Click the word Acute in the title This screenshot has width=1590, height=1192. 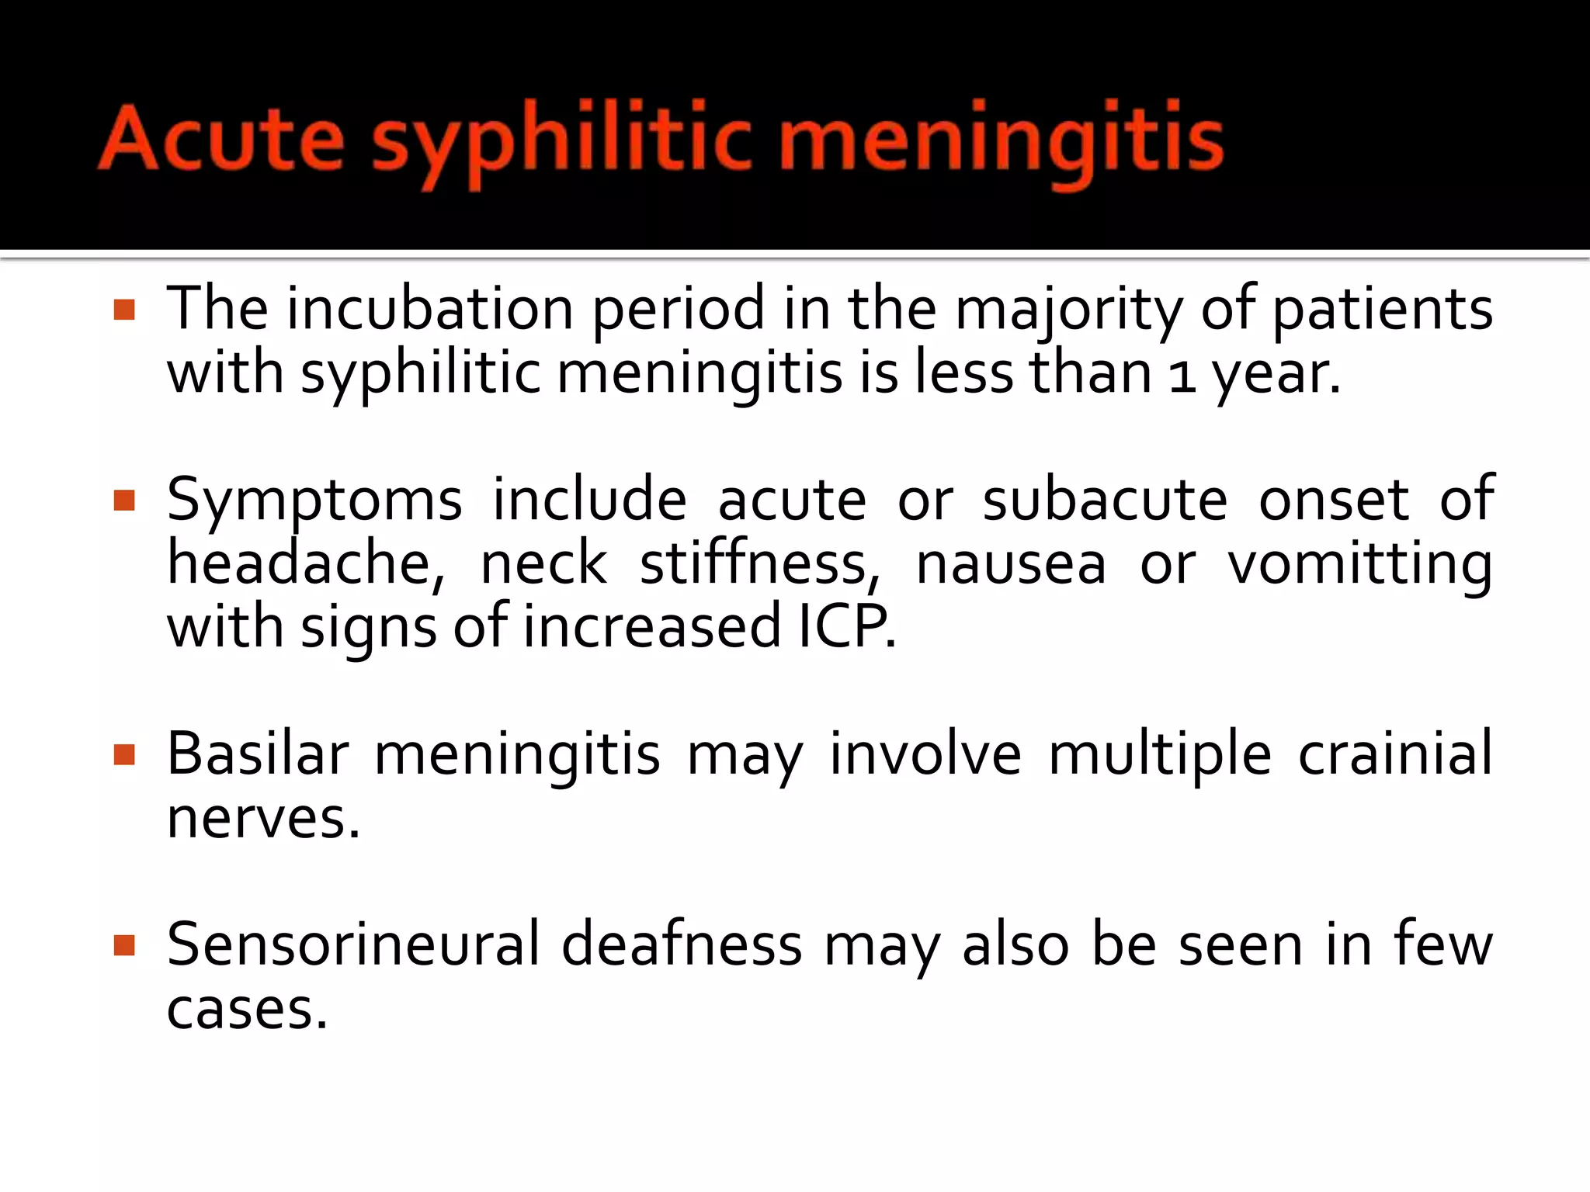tap(221, 140)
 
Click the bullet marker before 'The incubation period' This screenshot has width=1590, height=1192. tap(124, 310)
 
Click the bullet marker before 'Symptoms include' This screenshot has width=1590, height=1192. tap(124, 501)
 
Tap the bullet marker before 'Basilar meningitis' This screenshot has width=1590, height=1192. tap(124, 754)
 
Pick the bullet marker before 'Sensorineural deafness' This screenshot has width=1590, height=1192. tap(124, 945)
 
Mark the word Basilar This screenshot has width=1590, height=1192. tap(258, 754)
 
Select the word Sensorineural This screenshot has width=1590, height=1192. tap(352, 944)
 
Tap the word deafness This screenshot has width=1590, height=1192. tap(682, 944)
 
